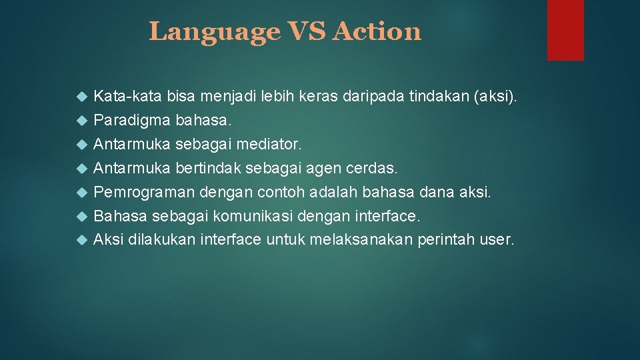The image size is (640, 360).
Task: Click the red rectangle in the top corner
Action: [x=565, y=30]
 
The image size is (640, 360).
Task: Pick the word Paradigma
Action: [x=133, y=121]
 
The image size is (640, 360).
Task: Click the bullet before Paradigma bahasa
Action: [x=82, y=121]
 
